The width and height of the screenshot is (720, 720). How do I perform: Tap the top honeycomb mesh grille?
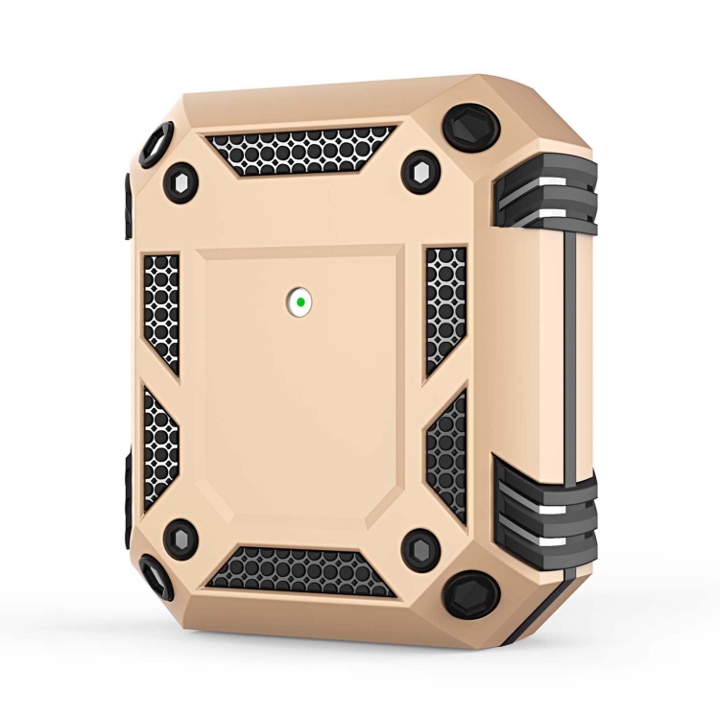pos(300,149)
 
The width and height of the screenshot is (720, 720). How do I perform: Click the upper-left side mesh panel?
pos(161,310)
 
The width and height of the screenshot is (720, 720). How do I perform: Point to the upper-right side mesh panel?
pos(445,307)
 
